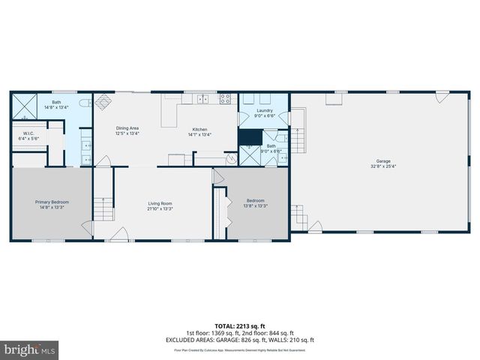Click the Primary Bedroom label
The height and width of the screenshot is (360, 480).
[x=51, y=205]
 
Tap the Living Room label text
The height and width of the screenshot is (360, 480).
[x=160, y=205]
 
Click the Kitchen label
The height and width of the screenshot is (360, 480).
[x=199, y=132]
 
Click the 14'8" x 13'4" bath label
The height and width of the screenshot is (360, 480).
[x=56, y=105]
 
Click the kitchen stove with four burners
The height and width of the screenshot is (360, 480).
[x=224, y=98]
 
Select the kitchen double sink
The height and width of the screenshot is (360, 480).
[x=203, y=98]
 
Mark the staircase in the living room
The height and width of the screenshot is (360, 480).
[x=103, y=209]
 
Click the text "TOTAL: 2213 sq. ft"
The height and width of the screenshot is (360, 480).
[x=240, y=327]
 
